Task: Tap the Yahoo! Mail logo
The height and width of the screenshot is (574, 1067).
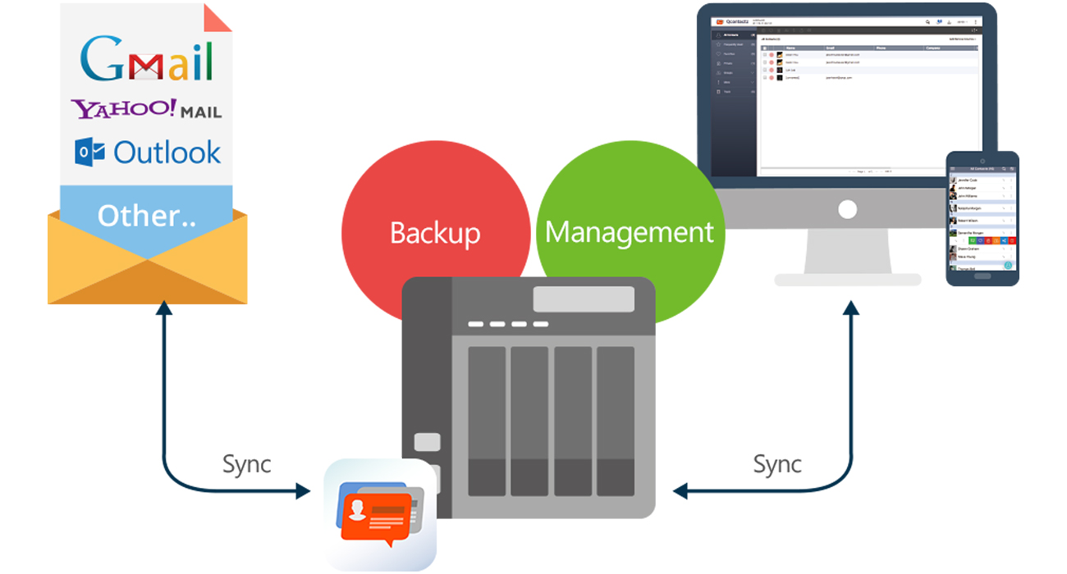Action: click(x=146, y=109)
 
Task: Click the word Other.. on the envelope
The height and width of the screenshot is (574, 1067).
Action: click(x=147, y=216)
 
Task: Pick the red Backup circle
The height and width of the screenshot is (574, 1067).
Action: click(x=434, y=233)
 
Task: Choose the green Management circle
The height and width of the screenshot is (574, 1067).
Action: click(x=630, y=233)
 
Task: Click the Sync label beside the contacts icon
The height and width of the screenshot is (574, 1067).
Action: click(x=246, y=464)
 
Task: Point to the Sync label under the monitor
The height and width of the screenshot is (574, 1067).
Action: click(x=776, y=464)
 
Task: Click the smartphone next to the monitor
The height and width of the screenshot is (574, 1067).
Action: click(x=982, y=218)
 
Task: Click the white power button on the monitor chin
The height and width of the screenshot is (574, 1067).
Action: click(x=847, y=211)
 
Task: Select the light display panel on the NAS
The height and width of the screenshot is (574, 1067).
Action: click(x=584, y=299)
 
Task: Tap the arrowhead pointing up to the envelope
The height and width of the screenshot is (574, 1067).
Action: click(x=165, y=308)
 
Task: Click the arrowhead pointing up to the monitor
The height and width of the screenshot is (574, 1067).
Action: click(x=851, y=308)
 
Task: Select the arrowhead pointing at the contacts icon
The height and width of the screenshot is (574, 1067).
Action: click(x=303, y=491)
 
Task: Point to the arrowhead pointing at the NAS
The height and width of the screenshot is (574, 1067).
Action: click(x=680, y=491)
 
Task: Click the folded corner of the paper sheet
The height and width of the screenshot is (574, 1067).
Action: click(x=218, y=19)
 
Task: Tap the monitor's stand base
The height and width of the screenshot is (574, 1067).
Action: click(x=847, y=280)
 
